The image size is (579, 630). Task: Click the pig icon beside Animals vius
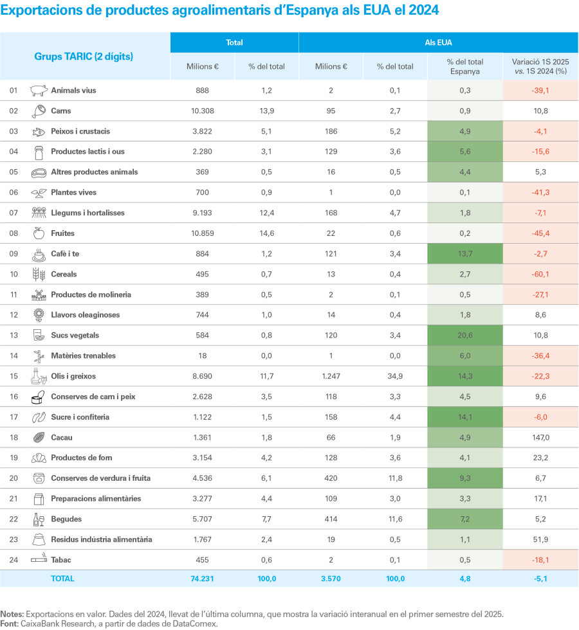click(39, 91)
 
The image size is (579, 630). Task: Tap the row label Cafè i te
click(65, 254)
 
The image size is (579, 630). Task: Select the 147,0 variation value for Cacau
click(540, 438)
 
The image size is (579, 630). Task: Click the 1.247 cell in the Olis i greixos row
click(331, 377)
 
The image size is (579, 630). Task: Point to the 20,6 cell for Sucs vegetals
click(465, 336)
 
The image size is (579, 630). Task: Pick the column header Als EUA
click(438, 42)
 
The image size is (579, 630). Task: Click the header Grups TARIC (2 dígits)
click(84, 57)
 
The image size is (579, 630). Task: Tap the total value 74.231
click(202, 579)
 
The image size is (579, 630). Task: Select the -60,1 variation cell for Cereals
click(540, 274)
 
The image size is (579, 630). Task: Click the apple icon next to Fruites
click(39, 233)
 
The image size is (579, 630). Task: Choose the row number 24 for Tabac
click(14, 560)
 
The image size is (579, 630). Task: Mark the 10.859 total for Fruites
click(202, 233)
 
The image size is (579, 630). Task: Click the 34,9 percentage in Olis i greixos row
click(395, 377)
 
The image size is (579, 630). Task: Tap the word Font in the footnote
click(9, 624)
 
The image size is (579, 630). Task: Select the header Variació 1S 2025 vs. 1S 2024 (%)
click(540, 66)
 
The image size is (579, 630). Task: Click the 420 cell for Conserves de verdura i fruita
click(331, 478)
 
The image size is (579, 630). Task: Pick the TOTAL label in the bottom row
click(62, 579)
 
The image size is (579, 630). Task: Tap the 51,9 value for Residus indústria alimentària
click(540, 539)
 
